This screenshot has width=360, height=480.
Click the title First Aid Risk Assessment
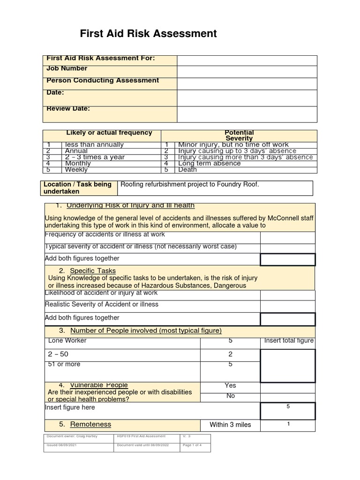[x=148, y=33]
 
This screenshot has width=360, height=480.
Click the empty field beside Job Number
[x=247, y=72]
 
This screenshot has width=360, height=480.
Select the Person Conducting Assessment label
[x=103, y=81]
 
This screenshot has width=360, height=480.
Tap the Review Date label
[x=68, y=109]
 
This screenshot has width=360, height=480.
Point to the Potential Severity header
[x=239, y=135]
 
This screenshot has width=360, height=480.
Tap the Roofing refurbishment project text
[x=190, y=185]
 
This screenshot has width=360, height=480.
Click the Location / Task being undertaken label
[x=77, y=188]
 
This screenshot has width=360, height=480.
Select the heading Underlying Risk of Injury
[x=130, y=206]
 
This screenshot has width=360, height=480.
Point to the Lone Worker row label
[x=67, y=341]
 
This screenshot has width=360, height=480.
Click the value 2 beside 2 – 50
[x=230, y=354]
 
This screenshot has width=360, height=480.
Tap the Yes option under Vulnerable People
[x=230, y=385]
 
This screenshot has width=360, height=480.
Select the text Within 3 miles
[x=230, y=425]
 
